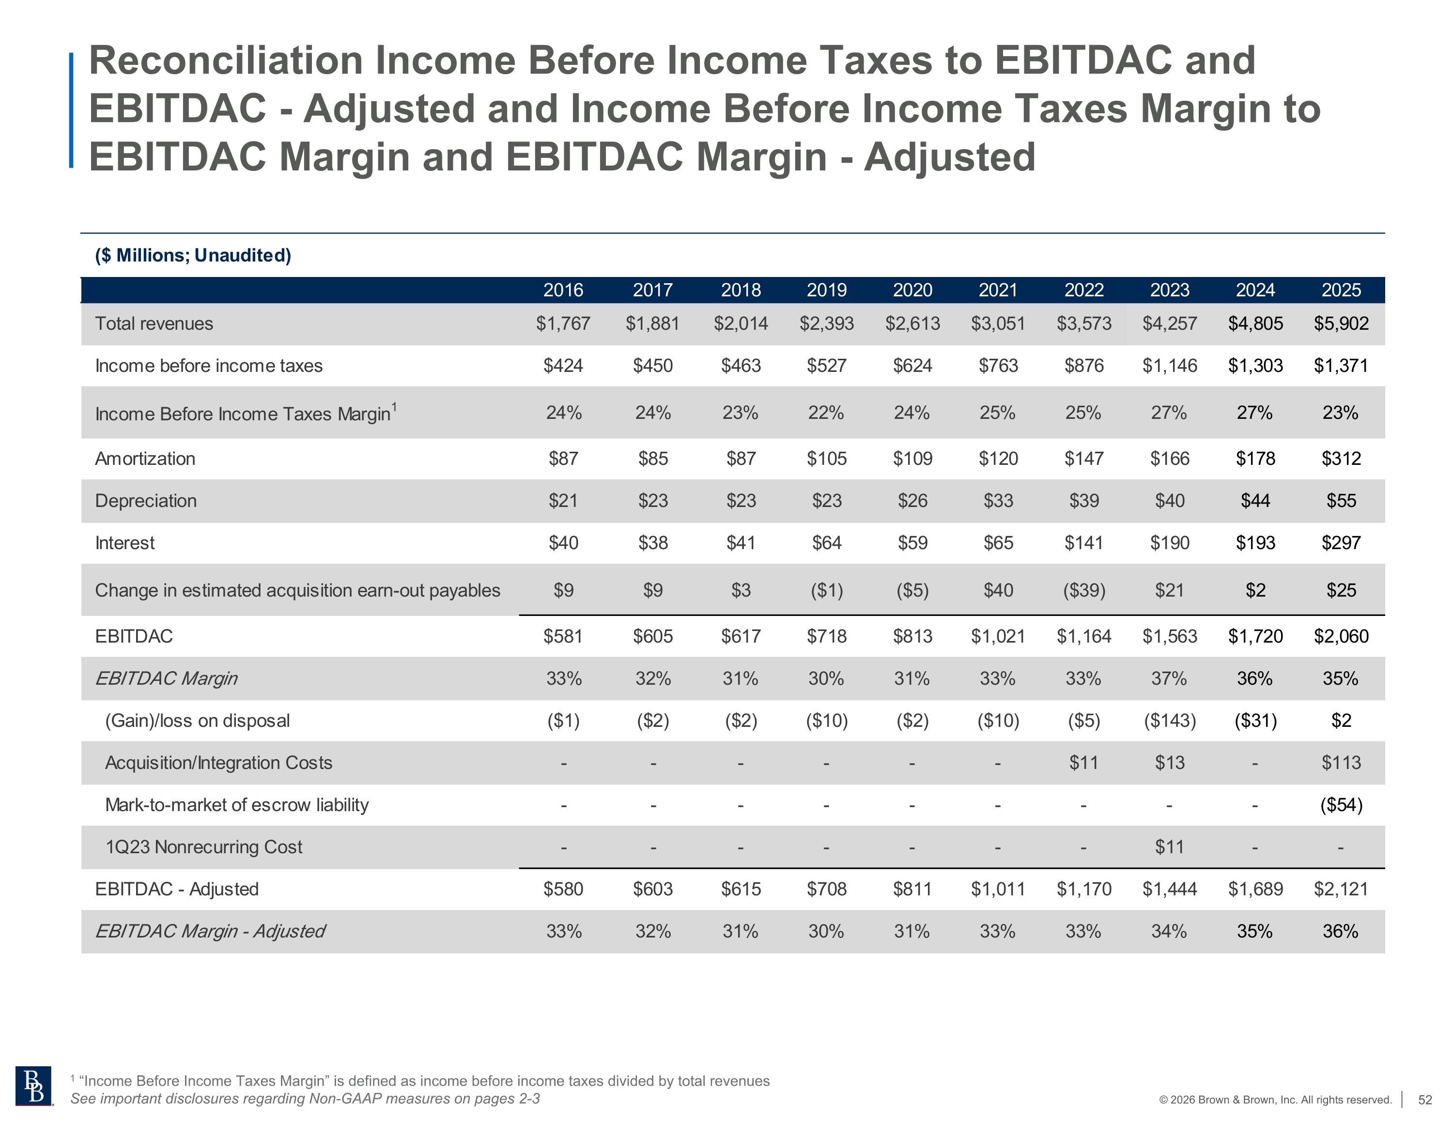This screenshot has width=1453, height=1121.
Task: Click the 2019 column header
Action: [826, 290]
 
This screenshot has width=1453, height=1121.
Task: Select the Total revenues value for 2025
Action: [1341, 324]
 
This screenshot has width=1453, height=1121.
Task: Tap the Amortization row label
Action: [145, 459]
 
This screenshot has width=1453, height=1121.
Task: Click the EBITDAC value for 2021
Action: [998, 637]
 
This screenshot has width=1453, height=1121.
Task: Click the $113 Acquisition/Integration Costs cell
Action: [1341, 763]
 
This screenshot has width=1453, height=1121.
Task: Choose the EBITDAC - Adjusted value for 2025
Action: [1341, 890]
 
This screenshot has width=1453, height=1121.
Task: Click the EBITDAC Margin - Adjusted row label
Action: [210, 931]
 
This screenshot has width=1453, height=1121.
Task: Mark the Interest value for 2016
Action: [563, 543]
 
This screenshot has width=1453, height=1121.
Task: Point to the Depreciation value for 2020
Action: [912, 501]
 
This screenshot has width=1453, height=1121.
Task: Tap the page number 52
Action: [1424, 1100]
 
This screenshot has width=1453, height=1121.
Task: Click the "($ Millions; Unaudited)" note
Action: [193, 256]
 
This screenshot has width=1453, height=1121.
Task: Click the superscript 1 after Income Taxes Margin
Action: [395, 406]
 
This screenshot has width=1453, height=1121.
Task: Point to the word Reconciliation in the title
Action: [226, 61]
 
